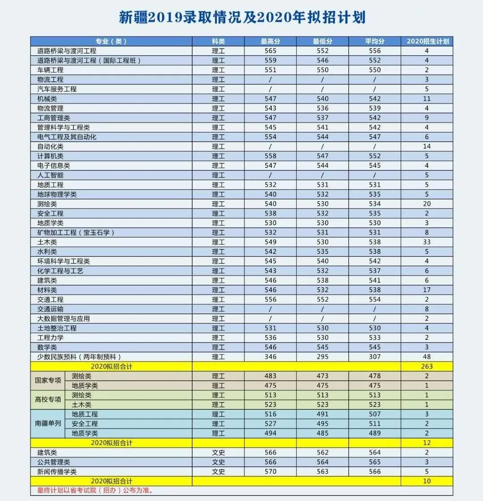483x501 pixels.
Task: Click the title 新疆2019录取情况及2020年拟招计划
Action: click(242, 17)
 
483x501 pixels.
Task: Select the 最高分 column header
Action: click(270, 41)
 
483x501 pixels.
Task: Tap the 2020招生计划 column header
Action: click(427, 41)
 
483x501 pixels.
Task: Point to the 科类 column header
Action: click(218, 41)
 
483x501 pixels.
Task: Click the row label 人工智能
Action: click(51, 175)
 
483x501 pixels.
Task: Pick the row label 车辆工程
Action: click(51, 70)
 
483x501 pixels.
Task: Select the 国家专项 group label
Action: click(48, 381)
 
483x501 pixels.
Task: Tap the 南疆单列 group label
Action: click(48, 424)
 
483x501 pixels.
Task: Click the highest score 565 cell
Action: click(270, 51)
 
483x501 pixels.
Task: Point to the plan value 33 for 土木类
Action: click(427, 242)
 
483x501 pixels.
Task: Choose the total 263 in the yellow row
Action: click(427, 366)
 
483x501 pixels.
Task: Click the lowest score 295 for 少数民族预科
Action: click(322, 357)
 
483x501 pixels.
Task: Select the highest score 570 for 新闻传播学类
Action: click(270, 471)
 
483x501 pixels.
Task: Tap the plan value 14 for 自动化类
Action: click(427, 146)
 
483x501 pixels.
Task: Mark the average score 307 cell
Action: click(375, 357)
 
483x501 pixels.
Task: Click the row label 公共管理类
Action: click(54, 462)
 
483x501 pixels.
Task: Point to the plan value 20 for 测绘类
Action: click(427, 204)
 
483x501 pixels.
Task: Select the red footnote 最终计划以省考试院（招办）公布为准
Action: click(95, 491)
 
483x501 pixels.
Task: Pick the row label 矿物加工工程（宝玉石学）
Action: click(76, 233)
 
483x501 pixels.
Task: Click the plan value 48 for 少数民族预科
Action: click(427, 357)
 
